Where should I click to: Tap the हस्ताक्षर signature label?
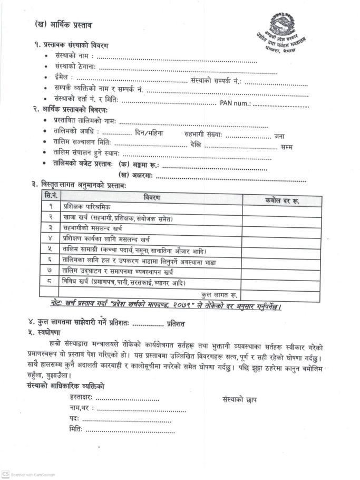tap(81, 399)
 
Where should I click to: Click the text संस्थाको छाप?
tap(240, 400)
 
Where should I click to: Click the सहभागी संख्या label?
tap(203, 135)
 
